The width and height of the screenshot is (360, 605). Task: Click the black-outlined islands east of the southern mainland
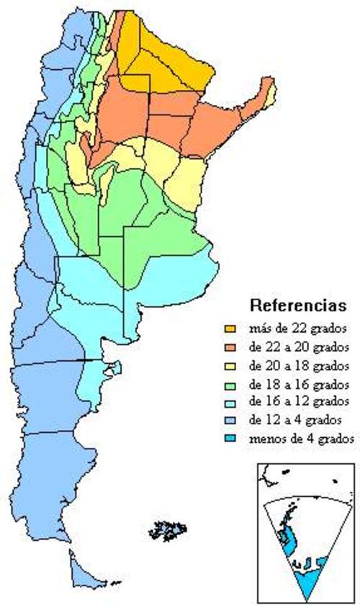pos(167,532)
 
